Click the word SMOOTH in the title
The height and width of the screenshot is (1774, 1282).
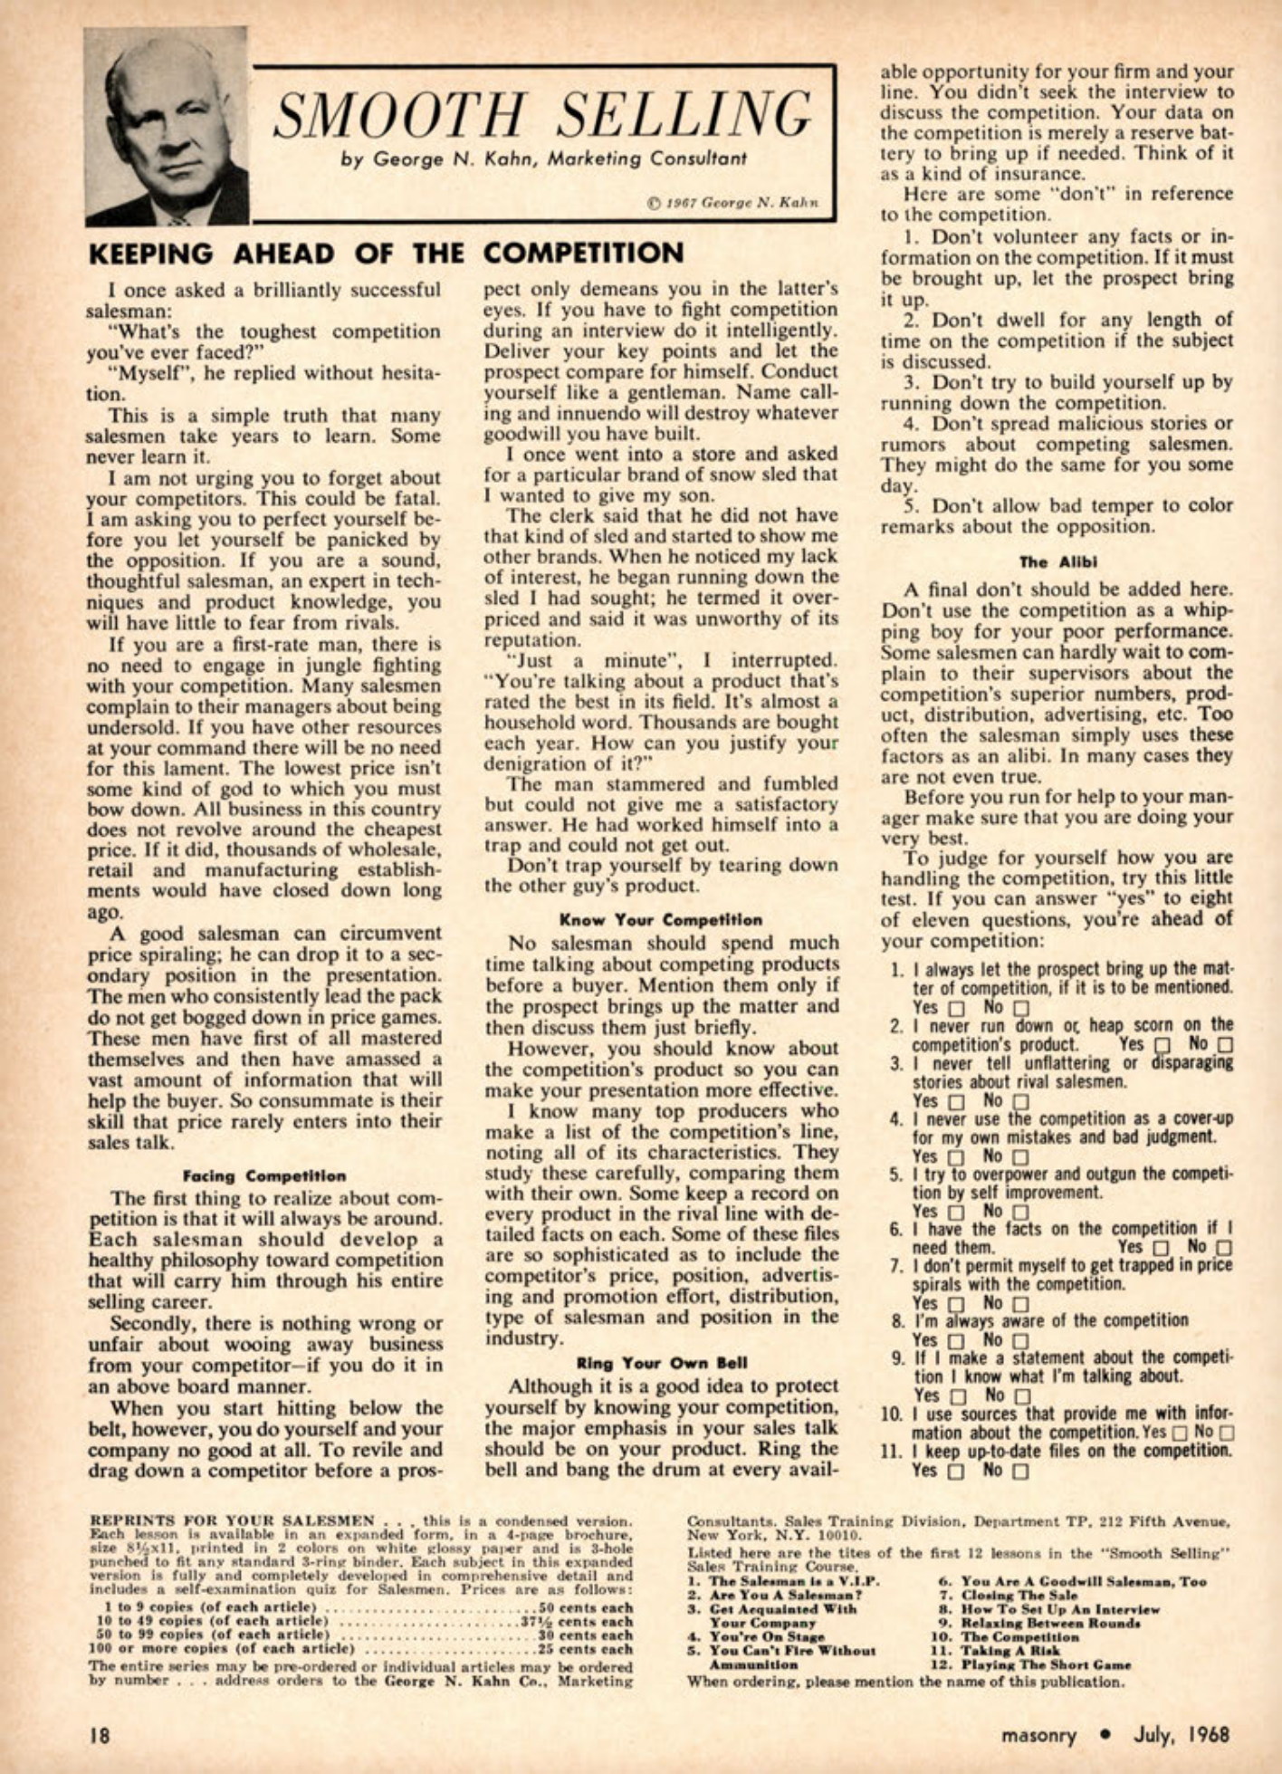pos(399,115)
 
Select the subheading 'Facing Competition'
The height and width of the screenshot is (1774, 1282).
pos(264,1176)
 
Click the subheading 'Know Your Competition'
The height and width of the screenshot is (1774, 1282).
pos(661,920)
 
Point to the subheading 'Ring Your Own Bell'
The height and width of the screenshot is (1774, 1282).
pos(661,1362)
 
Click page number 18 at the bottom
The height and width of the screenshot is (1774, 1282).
pos(99,1735)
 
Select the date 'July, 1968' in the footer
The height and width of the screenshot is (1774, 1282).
pos(1182,1735)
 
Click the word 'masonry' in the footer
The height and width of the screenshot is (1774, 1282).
pos(1038,1735)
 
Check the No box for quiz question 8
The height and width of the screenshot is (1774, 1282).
pos(1020,1341)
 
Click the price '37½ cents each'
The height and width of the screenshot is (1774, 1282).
pos(584,1621)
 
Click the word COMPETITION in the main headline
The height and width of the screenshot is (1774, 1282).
pos(584,254)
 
